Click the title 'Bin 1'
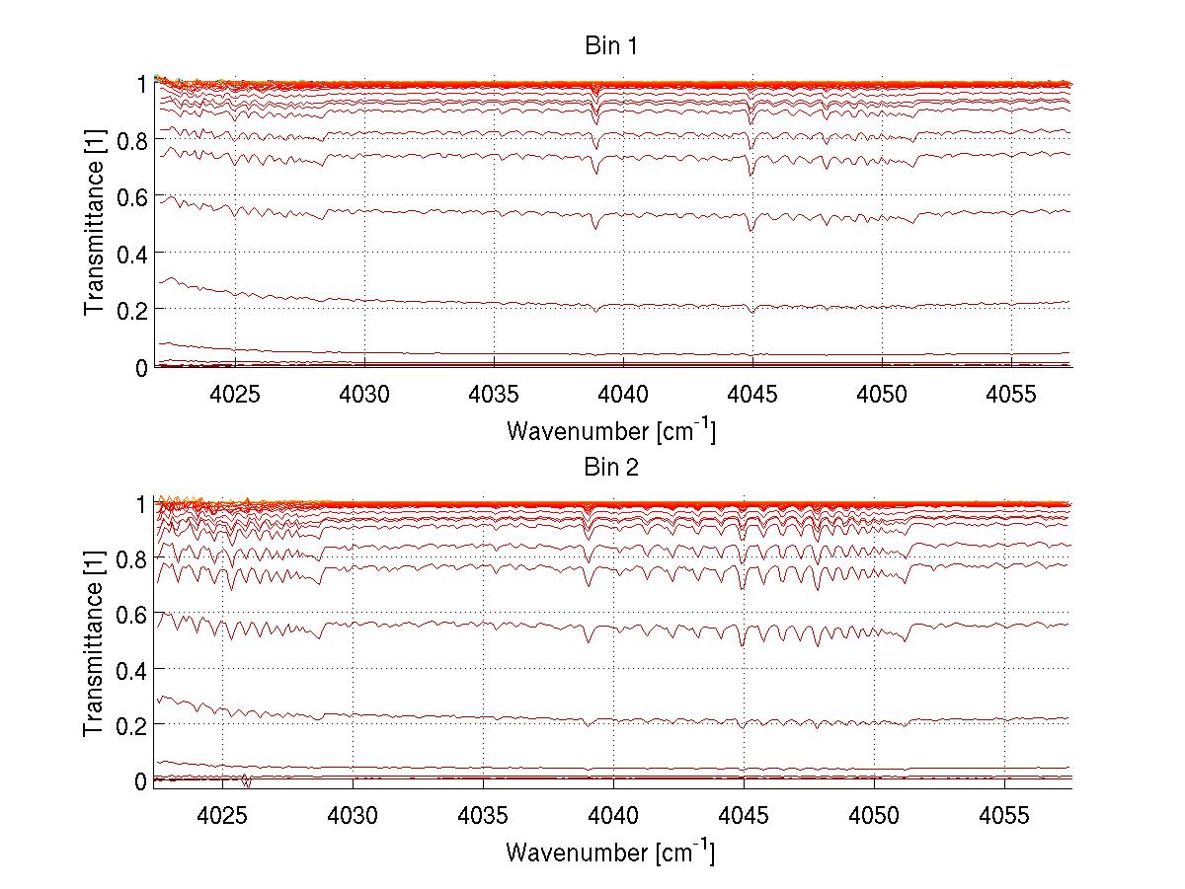[611, 46]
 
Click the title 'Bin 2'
[611, 467]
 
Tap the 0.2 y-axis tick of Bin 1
[131, 310]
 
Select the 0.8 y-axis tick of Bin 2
[131, 559]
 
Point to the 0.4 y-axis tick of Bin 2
[131, 670]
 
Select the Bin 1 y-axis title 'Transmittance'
[95, 225]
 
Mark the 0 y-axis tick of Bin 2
[140, 781]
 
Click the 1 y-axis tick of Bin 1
[142, 84]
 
